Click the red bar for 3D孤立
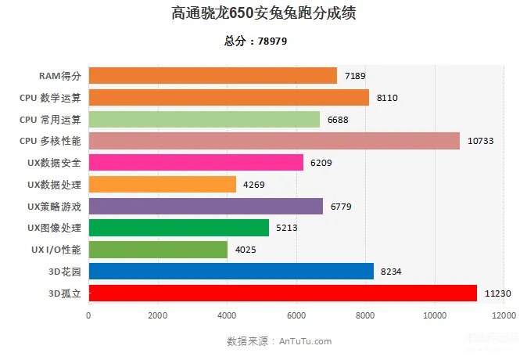[282, 293]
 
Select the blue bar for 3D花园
[231, 272]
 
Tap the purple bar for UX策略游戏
[206, 206]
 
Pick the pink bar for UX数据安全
[196, 163]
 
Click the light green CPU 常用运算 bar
[204, 119]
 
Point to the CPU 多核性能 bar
[274, 141]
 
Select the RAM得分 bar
[213, 76]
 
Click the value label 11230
[497, 293]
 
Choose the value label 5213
[287, 228]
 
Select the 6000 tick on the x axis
[296, 316]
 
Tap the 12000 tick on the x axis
[503, 316]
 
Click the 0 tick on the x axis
[88, 316]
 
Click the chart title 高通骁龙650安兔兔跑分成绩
[263, 13]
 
